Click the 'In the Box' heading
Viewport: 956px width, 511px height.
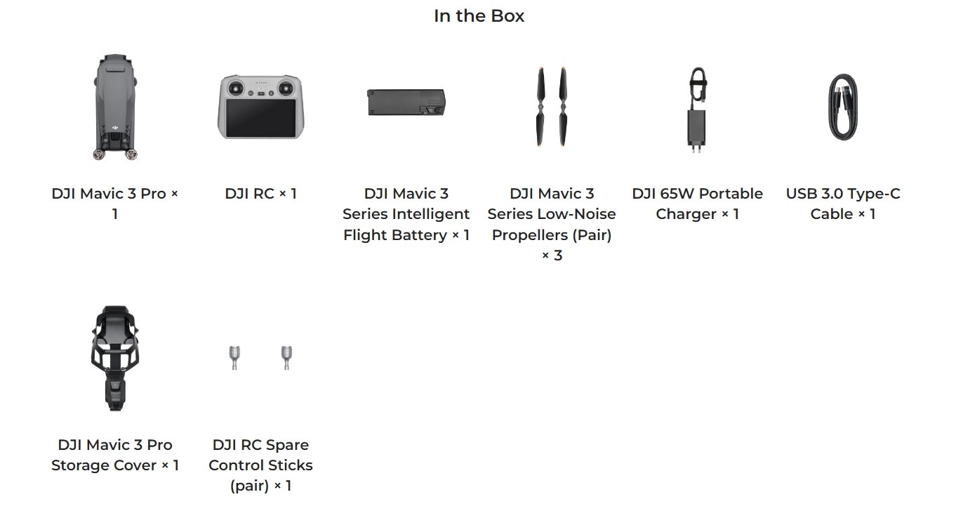479,16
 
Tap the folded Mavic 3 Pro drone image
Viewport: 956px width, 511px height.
115,106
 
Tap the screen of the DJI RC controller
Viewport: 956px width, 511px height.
261,119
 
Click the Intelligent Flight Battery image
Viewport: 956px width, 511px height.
406,102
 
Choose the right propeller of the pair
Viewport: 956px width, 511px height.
563,106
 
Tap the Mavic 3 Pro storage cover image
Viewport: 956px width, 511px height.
114,358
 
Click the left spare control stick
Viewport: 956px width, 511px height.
235,357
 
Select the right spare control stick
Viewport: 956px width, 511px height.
286,357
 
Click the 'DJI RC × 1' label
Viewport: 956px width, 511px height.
261,194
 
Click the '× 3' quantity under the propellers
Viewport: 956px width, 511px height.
552,255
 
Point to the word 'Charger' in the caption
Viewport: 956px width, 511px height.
686,214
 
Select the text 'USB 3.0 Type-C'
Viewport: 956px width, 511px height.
843,194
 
